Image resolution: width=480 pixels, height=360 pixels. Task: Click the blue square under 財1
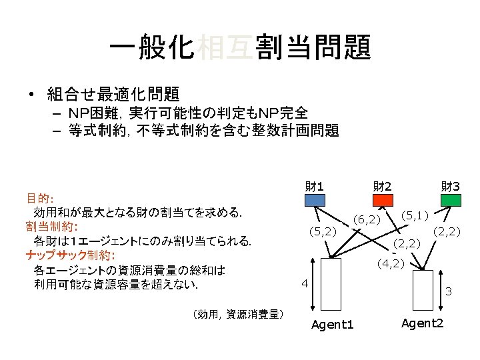[316, 199]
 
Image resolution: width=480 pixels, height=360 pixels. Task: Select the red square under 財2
[382, 199]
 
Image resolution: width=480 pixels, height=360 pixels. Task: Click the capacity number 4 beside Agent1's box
[303, 283]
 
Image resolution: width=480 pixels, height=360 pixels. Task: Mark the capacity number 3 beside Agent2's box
[449, 291]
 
